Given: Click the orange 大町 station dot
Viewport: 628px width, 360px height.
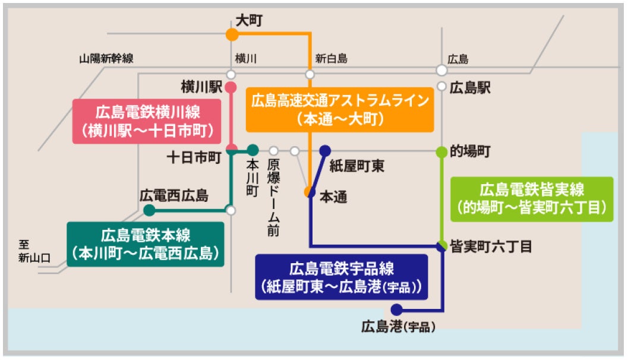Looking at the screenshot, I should pyautogui.click(x=232, y=34).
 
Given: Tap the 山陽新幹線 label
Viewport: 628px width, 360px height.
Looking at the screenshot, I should pyautogui.click(x=106, y=58).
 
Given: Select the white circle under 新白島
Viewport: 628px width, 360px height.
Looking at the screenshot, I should pyautogui.click(x=310, y=74).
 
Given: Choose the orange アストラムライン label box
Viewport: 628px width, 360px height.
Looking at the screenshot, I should pyautogui.click(x=340, y=109).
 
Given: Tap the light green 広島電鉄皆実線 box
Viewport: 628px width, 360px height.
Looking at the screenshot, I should pyautogui.click(x=532, y=198).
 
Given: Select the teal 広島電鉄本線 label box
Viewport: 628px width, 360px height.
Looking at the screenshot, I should pyautogui.click(x=146, y=243).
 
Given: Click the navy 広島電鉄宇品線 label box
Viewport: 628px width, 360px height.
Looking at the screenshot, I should pyautogui.click(x=341, y=276).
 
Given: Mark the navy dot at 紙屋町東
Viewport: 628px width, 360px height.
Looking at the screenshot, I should pyautogui.click(x=325, y=150).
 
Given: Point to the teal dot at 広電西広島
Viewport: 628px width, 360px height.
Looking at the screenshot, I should pyautogui.click(x=149, y=210).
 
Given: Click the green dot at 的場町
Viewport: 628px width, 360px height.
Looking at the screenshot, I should pyautogui.click(x=441, y=151).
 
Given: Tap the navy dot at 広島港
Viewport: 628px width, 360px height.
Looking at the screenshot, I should pyautogui.click(x=396, y=310).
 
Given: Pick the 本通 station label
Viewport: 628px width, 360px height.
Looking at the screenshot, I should pyautogui.click(x=333, y=197).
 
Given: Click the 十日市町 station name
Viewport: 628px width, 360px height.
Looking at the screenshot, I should pyautogui.click(x=194, y=157).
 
